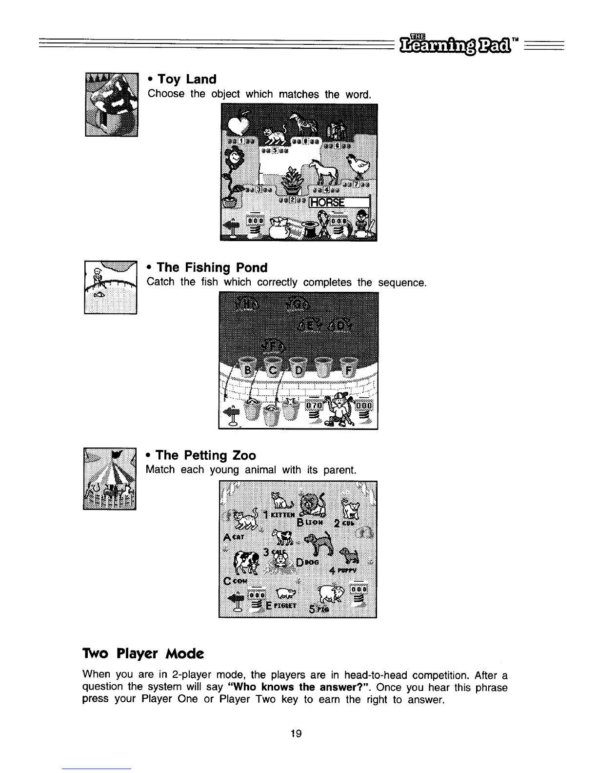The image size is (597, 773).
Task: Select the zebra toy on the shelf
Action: [300, 124]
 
